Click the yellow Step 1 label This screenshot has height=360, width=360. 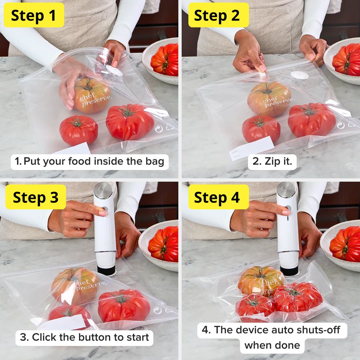pos(33,15)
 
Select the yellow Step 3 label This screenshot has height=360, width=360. pos(36,197)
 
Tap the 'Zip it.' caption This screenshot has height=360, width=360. pos(272,162)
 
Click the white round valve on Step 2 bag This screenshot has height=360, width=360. pos(299,75)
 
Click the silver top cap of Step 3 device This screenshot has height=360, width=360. pos(103,190)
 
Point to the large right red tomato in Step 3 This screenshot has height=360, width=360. pos(124,305)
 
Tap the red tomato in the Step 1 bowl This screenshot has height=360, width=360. pos(165,60)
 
